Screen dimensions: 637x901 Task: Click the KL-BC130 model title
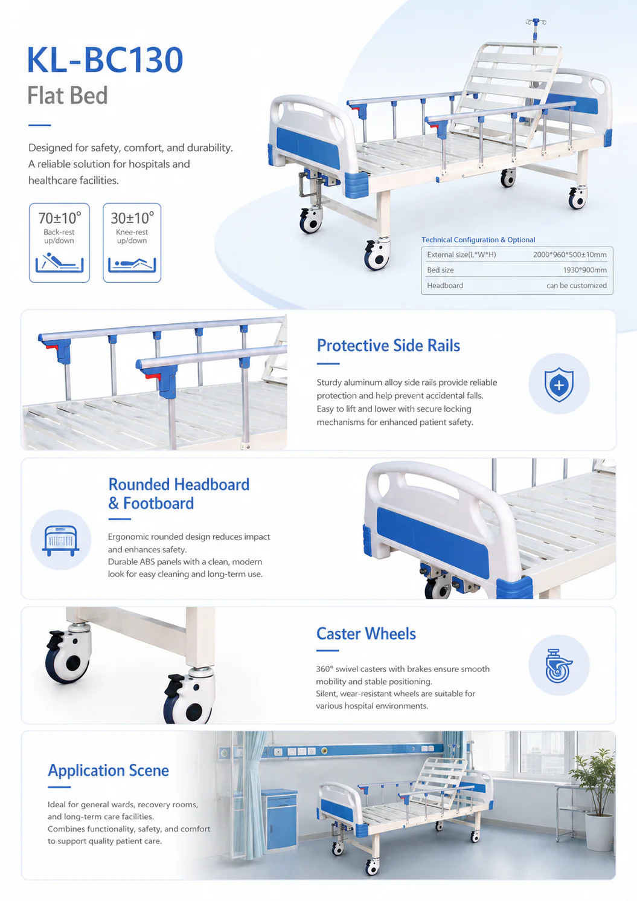pyautogui.click(x=105, y=60)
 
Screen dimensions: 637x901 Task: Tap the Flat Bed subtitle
pyautogui.click(x=68, y=95)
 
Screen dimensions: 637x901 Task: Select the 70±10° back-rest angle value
pyautogui.click(x=60, y=218)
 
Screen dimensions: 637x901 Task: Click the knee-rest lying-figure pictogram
pyautogui.click(x=132, y=264)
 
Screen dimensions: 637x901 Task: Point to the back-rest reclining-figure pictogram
pyautogui.click(x=60, y=262)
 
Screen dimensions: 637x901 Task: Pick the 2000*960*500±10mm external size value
pyautogui.click(x=569, y=254)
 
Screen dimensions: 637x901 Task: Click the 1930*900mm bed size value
pyautogui.click(x=584, y=270)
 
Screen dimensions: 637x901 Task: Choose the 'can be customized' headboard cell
pyautogui.click(x=576, y=286)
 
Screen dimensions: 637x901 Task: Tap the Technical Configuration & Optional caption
pyautogui.click(x=478, y=240)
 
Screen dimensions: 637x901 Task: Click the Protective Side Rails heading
pyautogui.click(x=388, y=346)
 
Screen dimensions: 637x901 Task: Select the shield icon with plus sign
pyautogui.click(x=559, y=384)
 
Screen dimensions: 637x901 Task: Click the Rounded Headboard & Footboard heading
pyautogui.click(x=179, y=494)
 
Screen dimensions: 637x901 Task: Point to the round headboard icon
pyautogui.click(x=61, y=540)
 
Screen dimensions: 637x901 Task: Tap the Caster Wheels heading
pyautogui.click(x=366, y=634)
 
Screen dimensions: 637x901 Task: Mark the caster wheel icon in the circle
pyautogui.click(x=559, y=665)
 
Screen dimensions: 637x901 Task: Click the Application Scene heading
pyautogui.click(x=109, y=770)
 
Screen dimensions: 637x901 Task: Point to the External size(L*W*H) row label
pyautogui.click(x=461, y=254)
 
